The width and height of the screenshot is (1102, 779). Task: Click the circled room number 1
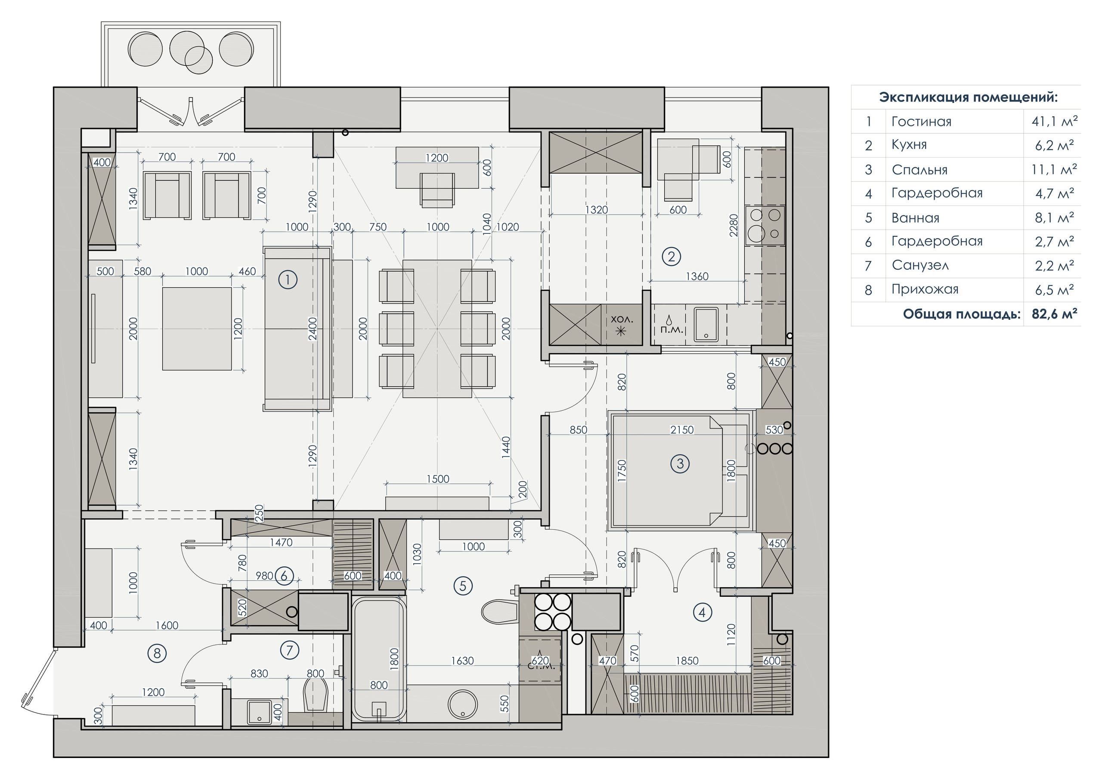pos(288,279)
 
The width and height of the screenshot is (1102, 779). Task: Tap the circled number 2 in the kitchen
pos(671,257)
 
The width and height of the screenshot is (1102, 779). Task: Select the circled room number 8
pos(158,653)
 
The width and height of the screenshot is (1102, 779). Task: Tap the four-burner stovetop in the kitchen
pos(765,225)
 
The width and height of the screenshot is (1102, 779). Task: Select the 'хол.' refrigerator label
pos(622,319)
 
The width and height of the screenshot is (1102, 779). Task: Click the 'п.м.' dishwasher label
pos(672,330)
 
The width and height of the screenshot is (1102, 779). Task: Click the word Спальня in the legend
pos(919,170)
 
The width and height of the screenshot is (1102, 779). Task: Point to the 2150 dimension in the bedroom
pos(682,430)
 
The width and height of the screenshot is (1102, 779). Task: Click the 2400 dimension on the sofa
pos(313,328)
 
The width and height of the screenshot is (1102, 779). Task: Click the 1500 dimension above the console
pos(438,479)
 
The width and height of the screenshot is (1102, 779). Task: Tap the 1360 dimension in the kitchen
pos(697,276)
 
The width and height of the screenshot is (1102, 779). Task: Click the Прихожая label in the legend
pos(925,289)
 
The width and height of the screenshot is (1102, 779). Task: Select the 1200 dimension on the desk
pos(437,158)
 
